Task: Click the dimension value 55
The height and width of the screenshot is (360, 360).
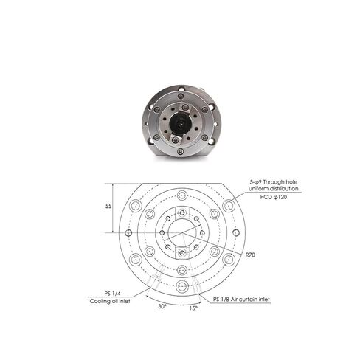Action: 108,207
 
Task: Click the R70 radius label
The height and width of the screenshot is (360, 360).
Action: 250,255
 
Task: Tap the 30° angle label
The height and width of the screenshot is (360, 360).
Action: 162,306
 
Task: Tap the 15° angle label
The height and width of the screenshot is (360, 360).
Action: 193,308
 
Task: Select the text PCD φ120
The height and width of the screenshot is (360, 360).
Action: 274,197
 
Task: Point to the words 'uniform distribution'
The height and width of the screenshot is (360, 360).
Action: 274,189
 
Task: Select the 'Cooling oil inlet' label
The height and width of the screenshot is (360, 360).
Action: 110,301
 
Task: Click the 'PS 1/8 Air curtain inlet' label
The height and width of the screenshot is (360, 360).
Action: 241,300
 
